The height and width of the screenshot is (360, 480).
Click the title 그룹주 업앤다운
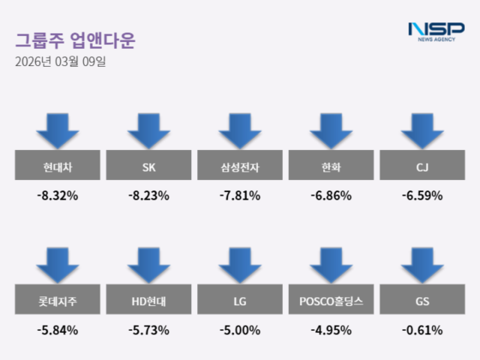pos(75,40)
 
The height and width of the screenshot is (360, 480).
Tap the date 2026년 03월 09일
pos(60,61)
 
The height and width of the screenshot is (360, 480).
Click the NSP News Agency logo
pos(436,31)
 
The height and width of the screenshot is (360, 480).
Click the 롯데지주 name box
pos(58,301)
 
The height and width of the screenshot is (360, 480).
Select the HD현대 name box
pos(148,301)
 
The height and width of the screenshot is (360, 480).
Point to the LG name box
pos(240,301)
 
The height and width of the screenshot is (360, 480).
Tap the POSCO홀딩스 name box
pos(331,301)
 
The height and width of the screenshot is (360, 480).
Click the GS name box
pos(421,301)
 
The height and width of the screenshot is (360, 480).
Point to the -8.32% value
pos(58,196)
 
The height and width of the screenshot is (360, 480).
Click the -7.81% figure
pos(240,196)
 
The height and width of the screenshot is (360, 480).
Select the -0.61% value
pos(421,329)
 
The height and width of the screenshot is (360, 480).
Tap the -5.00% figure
pos(240,329)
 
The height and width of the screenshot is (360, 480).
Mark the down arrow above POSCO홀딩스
pos(331,264)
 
